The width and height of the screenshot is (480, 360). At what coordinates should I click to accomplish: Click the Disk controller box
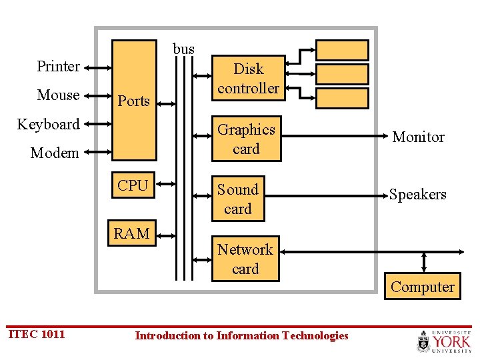coord(249,79)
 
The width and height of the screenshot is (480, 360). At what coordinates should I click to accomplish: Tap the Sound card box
coord(238,199)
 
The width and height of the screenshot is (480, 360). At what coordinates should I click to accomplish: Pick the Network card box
coord(245,259)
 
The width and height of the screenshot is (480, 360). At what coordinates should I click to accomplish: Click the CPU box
coord(133,186)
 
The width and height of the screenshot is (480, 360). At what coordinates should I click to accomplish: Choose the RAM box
coord(132,233)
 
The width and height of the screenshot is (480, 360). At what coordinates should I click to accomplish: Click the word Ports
coord(133,101)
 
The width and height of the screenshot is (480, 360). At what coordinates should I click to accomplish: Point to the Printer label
coord(58,66)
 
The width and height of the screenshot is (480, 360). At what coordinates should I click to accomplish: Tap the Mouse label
coord(58,95)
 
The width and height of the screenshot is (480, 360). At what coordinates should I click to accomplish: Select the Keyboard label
coord(48,124)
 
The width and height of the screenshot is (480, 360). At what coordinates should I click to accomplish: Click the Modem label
coord(55,153)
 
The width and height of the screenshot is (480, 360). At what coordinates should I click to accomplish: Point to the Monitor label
coord(418,137)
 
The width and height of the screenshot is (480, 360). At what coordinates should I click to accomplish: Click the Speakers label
coord(418,194)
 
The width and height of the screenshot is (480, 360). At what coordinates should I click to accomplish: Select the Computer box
coord(423,287)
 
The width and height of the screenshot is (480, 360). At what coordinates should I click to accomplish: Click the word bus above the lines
coord(184,49)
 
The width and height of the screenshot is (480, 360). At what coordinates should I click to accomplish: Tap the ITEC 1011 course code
coord(37,334)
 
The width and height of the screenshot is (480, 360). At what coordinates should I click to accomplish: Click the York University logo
coord(443,341)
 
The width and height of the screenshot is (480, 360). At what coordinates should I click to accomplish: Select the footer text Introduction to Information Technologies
coord(241,335)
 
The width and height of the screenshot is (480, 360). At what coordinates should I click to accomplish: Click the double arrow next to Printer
coord(97,67)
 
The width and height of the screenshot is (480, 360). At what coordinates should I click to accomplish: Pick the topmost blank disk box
coord(342,51)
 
